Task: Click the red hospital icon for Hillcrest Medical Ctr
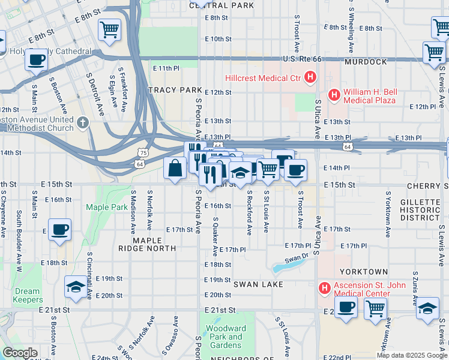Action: click(310, 77)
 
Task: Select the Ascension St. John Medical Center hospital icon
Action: click(325, 289)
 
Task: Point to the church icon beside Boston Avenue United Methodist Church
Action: click(83, 122)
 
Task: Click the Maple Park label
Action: click(106, 207)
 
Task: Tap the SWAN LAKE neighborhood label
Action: click(258, 283)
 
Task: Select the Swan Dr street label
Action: click(296, 258)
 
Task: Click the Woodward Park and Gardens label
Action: click(226, 337)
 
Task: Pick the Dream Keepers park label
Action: click(27, 295)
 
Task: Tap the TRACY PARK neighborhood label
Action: click(175, 90)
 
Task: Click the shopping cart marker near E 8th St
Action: click(109, 29)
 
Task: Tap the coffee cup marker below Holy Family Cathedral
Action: click(37, 61)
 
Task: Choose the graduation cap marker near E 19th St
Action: click(76, 287)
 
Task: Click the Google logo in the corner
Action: click(20, 353)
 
